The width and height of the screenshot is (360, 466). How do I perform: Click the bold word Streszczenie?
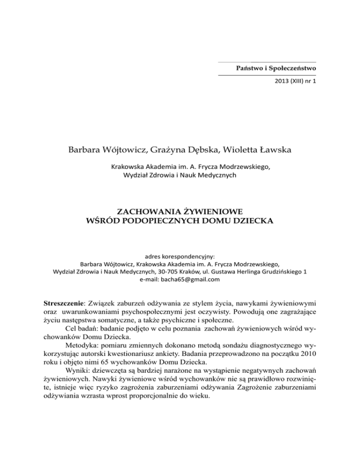click(x=64, y=299)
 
